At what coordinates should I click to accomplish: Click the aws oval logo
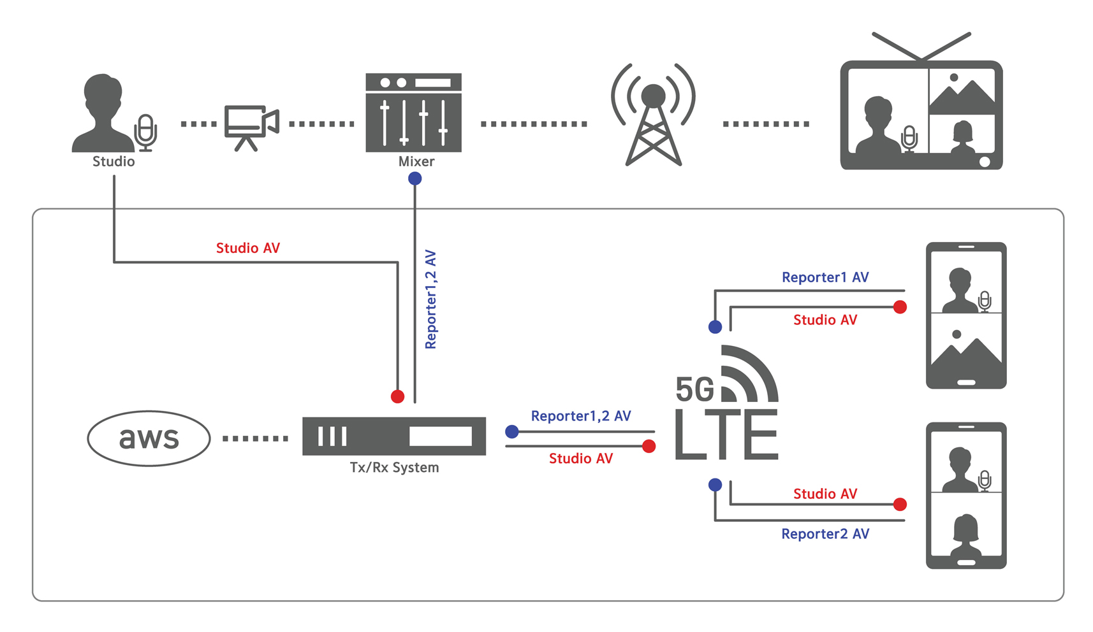tap(149, 438)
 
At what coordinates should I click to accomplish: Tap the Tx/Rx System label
tap(394, 468)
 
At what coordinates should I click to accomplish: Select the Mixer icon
tap(413, 113)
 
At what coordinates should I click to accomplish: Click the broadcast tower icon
tap(653, 115)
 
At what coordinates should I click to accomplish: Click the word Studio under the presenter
tap(114, 162)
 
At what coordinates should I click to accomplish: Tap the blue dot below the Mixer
tap(415, 178)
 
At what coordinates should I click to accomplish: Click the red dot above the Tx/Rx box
tap(397, 396)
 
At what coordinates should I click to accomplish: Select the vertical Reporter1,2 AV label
tap(431, 299)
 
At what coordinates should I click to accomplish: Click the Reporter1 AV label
tap(825, 278)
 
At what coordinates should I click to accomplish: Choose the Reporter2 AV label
tap(825, 534)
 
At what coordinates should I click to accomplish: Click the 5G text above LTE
tap(694, 389)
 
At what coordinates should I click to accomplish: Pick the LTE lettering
tap(726, 434)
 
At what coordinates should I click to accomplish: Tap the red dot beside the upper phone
tap(900, 308)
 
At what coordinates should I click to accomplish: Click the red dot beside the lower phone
tap(900, 505)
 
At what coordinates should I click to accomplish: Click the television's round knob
tap(985, 162)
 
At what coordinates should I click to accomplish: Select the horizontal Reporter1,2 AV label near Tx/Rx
tap(581, 416)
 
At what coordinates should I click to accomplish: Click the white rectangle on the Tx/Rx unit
tap(441, 436)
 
